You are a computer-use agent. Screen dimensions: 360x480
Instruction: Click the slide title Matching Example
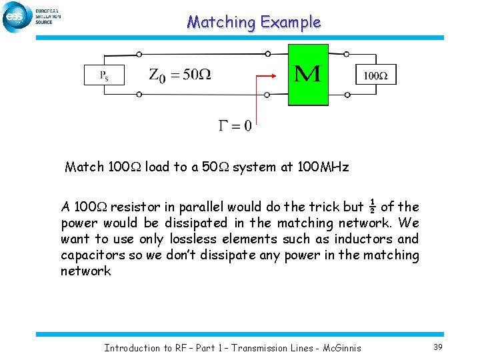253,22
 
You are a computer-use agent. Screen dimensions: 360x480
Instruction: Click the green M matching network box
308,74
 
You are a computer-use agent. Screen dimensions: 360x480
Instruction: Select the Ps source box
105,75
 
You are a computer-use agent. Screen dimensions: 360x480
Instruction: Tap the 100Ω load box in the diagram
376,75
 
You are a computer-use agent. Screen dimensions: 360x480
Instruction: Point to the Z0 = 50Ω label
179,75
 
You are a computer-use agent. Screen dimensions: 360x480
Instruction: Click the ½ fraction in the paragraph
372,207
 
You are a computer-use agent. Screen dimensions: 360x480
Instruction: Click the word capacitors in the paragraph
89,255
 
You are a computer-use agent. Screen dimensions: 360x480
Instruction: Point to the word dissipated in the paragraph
191,223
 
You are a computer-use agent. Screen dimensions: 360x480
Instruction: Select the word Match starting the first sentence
84,167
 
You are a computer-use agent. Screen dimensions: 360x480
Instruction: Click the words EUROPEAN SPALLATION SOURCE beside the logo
48,17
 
